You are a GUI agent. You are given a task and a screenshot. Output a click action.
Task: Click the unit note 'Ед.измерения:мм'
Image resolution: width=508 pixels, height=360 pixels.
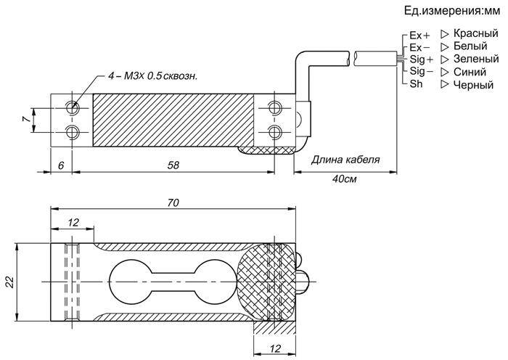click(452, 11)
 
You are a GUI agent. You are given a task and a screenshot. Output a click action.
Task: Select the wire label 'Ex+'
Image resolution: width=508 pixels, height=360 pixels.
click(420, 35)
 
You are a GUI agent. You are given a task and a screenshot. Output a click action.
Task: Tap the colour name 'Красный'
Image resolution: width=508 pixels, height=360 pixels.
click(475, 33)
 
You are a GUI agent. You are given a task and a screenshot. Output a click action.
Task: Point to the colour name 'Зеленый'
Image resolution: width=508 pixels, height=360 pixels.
click(476, 59)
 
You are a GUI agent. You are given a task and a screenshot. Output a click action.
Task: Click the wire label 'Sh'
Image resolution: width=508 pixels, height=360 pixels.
click(416, 83)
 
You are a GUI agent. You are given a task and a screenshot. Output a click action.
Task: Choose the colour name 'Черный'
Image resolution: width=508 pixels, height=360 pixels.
click(473, 85)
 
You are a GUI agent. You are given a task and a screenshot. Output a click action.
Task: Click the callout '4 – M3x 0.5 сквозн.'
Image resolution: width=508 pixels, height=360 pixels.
click(152, 76)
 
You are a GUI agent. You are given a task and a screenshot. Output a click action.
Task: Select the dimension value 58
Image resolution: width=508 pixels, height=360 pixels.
click(173, 165)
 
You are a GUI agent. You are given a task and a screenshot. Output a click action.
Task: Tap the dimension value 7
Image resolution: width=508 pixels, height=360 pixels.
click(27, 119)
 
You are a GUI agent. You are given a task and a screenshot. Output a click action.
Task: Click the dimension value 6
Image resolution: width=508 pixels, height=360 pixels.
click(61, 165)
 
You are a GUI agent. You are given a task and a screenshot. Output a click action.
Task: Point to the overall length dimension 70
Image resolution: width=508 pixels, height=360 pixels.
click(173, 202)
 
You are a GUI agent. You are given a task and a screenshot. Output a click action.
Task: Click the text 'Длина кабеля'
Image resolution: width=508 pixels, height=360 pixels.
click(345, 160)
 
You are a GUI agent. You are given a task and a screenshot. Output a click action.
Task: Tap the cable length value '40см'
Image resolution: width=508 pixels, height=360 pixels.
click(344, 179)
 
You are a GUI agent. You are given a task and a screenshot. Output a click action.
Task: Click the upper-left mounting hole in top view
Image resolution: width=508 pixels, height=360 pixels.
click(73, 107)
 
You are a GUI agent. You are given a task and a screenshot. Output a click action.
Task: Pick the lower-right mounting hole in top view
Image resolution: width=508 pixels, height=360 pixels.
click(275, 132)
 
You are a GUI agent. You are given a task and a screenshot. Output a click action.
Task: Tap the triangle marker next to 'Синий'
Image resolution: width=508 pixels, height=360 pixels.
click(445, 72)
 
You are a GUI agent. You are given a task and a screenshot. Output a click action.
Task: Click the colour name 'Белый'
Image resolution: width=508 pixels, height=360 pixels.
click(470, 46)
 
